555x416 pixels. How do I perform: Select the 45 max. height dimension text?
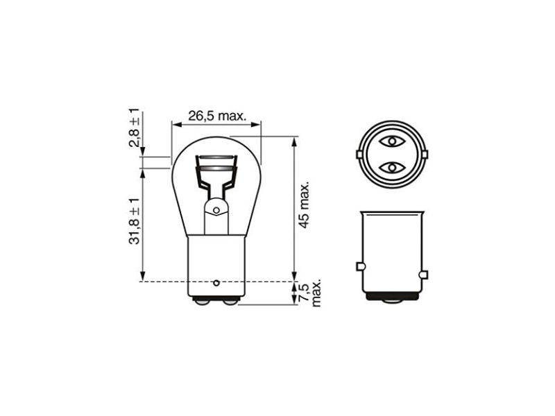(x=302, y=206)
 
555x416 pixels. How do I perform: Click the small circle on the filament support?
(x=216, y=209)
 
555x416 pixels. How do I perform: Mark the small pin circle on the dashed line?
(x=216, y=282)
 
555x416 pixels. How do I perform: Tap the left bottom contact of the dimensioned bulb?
(x=201, y=302)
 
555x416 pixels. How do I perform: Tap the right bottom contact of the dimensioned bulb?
(x=230, y=302)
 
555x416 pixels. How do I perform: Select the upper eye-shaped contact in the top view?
(x=392, y=141)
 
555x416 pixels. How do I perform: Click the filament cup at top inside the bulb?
(x=216, y=165)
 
